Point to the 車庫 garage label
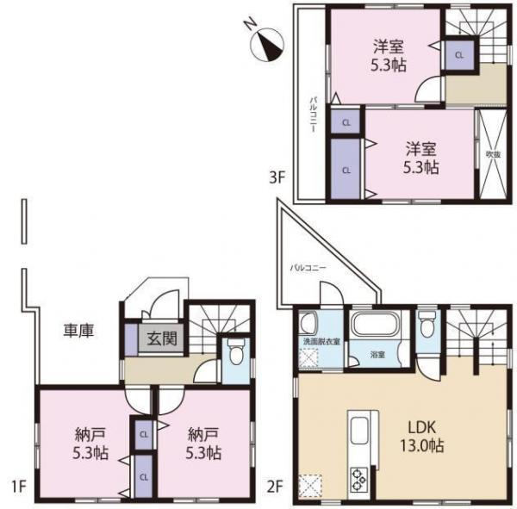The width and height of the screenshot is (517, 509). [78, 329]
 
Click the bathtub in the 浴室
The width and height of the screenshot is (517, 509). [374, 328]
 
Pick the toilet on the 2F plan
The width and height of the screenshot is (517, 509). [426, 325]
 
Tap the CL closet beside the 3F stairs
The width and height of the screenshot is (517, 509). [458, 54]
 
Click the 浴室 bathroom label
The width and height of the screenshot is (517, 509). [377, 354]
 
